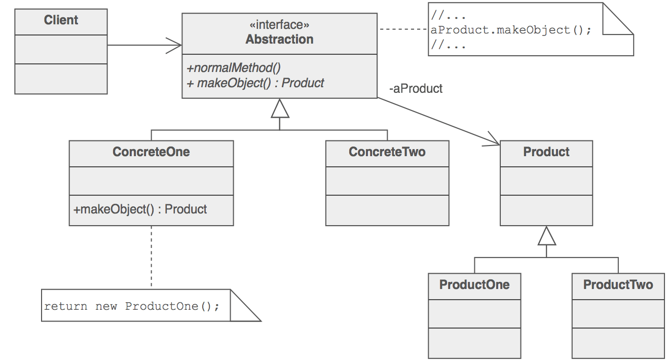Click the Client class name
pos(61,20)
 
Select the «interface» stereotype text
pos(279,25)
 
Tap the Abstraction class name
pos(279,40)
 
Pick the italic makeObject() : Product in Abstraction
pos(255,83)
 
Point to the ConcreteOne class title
pos(151,152)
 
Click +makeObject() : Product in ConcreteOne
pos(140,209)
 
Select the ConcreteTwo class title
pos(387,152)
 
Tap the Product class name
pos(546,152)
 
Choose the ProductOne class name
pos(474,284)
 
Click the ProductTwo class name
pos(618,284)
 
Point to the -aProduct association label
pos(416,89)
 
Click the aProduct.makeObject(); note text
pos(510,30)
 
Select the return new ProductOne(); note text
pos(132,306)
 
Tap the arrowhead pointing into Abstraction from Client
pos(175,45)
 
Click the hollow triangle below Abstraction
pos(280,109)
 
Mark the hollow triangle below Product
pos(546,236)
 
